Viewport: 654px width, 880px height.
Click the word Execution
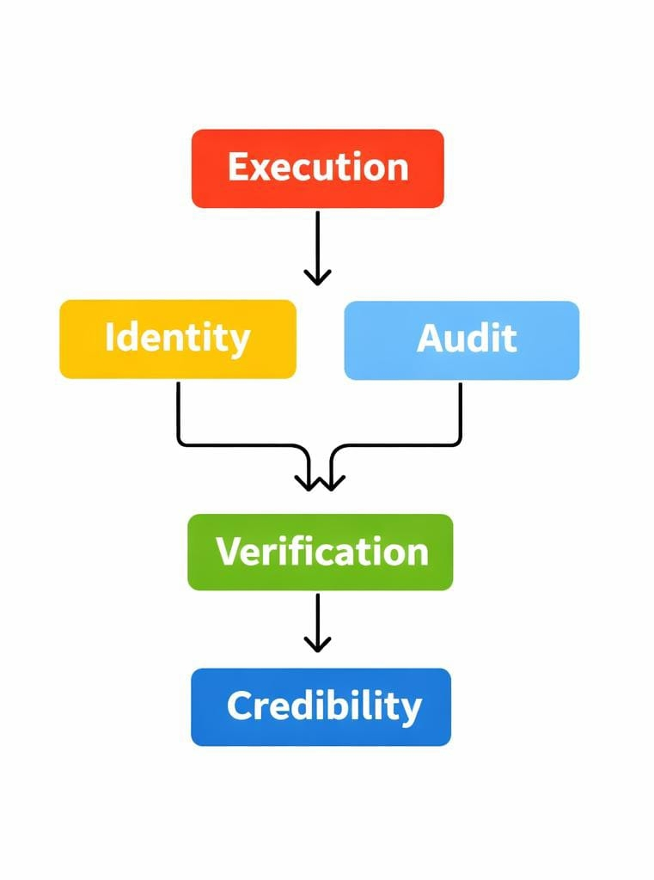[318, 167]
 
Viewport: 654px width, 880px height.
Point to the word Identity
[177, 338]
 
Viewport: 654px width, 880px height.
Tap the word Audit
[467, 339]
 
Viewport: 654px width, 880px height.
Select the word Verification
[321, 551]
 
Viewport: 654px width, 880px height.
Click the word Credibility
[324, 706]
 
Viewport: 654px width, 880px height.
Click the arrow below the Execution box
[317, 245]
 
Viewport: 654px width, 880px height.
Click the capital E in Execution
[238, 167]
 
